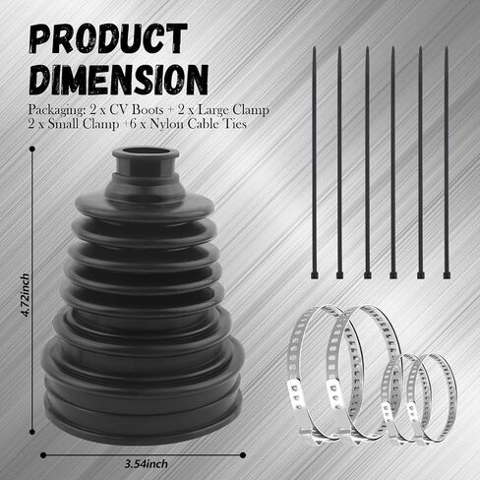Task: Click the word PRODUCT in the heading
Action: [109, 38]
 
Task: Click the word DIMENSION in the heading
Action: [118, 80]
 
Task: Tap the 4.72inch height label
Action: [25, 295]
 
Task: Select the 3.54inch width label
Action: [147, 464]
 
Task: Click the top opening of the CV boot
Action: [146, 152]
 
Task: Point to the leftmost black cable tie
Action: [314, 162]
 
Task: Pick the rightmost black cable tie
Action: [447, 162]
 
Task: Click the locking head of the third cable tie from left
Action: [367, 274]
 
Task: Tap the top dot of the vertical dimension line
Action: [32, 150]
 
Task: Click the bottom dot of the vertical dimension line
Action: [32, 432]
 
